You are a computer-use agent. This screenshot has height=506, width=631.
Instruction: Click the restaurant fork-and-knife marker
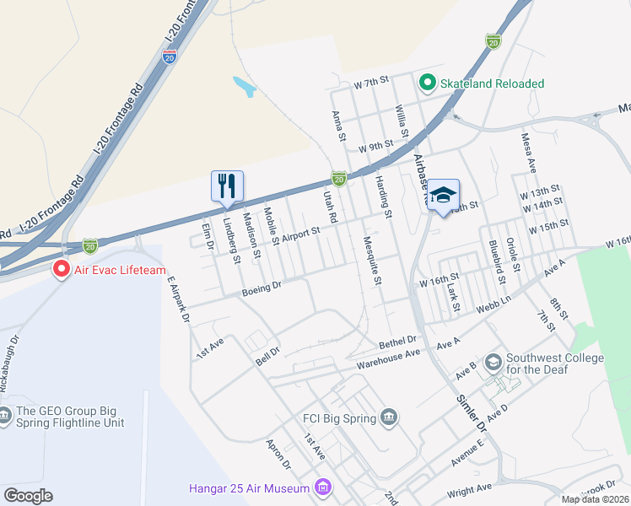(x=226, y=186)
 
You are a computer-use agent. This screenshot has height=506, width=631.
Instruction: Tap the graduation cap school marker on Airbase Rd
(x=443, y=195)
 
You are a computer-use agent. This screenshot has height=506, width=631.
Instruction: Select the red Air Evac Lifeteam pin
(x=61, y=270)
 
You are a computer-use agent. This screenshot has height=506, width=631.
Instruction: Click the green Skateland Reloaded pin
(x=427, y=83)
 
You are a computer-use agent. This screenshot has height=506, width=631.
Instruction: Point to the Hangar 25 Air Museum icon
(x=321, y=487)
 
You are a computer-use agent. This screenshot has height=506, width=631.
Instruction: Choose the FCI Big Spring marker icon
(x=389, y=417)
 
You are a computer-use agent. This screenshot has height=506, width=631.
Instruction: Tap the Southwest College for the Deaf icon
(x=493, y=362)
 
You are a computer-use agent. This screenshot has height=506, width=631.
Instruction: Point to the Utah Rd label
(x=331, y=207)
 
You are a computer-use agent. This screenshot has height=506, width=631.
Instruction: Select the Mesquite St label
(x=372, y=259)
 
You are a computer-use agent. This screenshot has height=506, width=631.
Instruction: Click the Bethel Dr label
(x=398, y=341)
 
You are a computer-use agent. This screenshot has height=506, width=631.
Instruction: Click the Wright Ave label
(x=470, y=488)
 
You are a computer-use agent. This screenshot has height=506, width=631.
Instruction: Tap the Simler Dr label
(x=472, y=413)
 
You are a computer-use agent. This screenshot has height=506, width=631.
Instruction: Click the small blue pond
(x=243, y=86)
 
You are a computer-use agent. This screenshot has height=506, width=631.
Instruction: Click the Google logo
(x=28, y=496)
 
